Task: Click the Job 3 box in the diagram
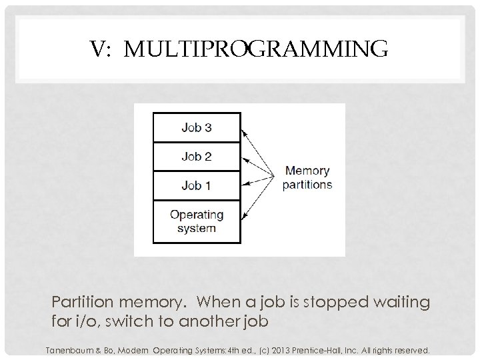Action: [x=196, y=127]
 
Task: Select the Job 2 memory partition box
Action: [x=196, y=157]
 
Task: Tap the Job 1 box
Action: [x=196, y=186]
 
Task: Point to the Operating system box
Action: [x=196, y=221]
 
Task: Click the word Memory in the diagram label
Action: [x=306, y=170]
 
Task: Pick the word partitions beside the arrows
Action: [x=307, y=184]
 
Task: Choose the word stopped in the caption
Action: [x=327, y=303]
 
